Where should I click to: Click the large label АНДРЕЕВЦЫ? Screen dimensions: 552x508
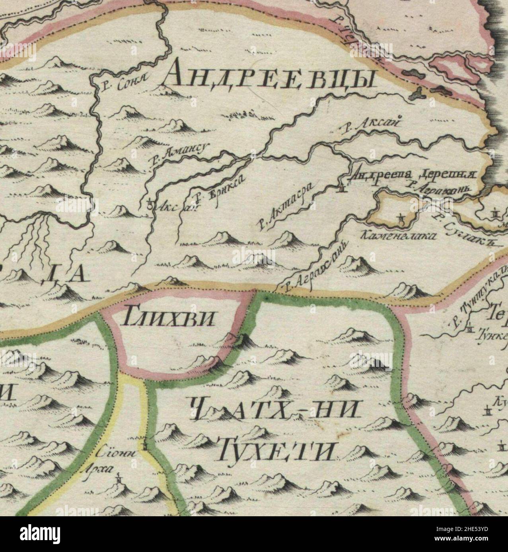(x=269, y=78)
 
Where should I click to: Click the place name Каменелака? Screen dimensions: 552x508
(x=397, y=236)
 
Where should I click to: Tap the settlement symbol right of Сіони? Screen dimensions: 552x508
(x=147, y=446)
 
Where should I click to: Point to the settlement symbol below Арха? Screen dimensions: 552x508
(x=119, y=479)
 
